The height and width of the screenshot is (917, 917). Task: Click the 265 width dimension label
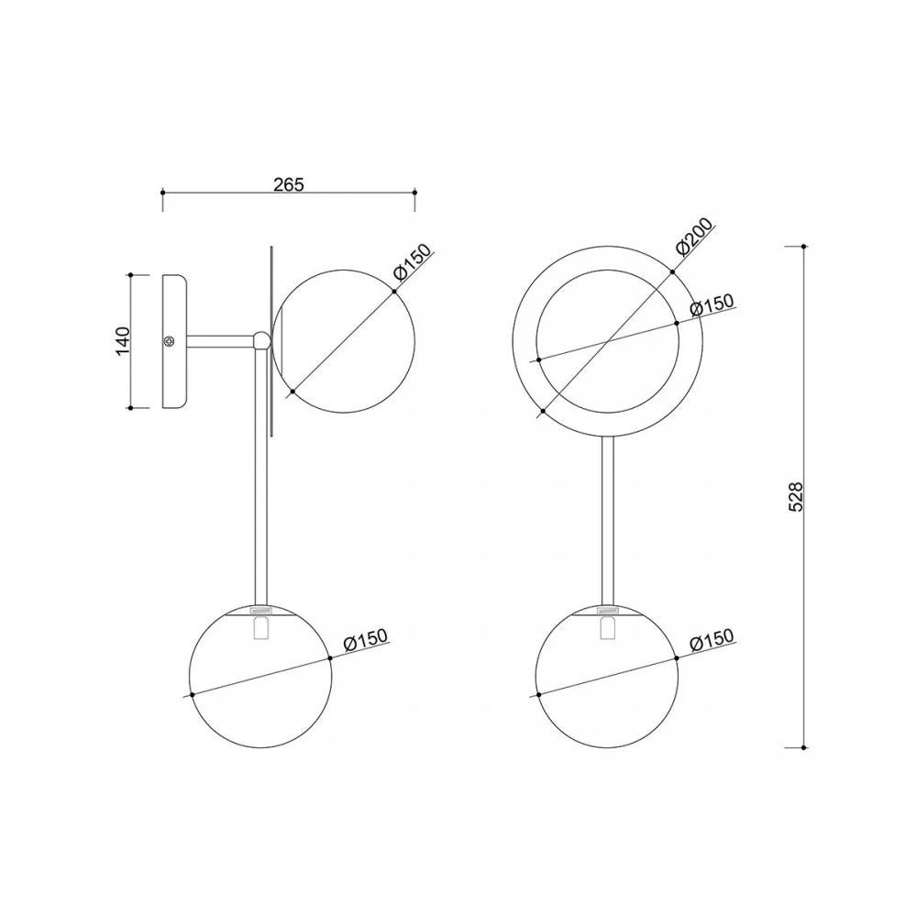coord(289,184)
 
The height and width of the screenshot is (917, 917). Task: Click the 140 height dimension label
coord(123,341)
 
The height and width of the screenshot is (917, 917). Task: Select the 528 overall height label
coord(796,496)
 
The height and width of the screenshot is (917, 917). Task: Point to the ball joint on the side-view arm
coord(262,340)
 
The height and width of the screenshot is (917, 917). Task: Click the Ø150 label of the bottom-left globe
coord(366,639)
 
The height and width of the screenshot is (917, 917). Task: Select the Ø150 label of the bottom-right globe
coord(712,639)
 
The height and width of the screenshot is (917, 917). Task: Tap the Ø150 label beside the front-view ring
coord(712,304)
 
